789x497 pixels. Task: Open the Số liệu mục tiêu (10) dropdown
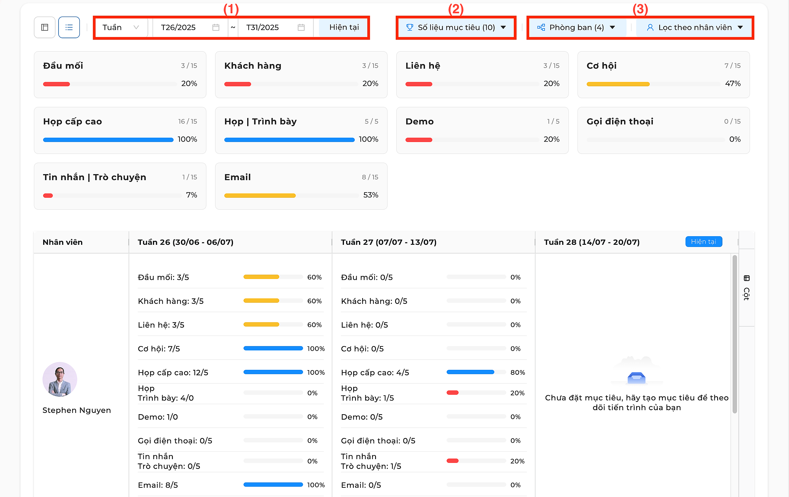(456, 27)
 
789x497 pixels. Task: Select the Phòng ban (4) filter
(576, 27)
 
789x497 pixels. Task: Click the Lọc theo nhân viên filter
(694, 27)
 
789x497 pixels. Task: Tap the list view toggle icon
(69, 27)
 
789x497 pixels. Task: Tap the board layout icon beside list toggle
(45, 27)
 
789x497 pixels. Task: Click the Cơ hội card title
(602, 66)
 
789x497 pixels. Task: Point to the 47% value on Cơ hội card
(733, 83)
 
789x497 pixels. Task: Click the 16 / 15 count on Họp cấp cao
(188, 121)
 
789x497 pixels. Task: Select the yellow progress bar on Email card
(260, 196)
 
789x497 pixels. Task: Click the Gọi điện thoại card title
(620, 121)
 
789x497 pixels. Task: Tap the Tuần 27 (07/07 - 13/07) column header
(389, 242)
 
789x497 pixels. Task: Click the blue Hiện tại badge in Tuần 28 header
(704, 242)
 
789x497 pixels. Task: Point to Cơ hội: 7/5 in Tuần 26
(159, 349)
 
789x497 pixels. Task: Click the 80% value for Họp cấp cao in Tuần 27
(517, 372)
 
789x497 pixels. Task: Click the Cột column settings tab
(747, 288)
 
